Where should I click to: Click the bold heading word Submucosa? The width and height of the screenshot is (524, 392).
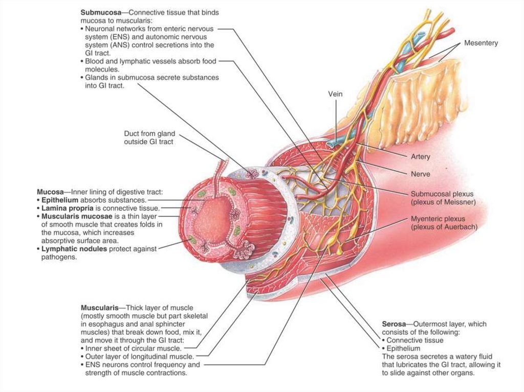[x=100, y=12]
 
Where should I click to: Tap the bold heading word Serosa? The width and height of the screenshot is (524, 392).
[x=394, y=324]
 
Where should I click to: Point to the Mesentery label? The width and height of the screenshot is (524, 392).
[x=481, y=43]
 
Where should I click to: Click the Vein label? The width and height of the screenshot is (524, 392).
[x=335, y=94]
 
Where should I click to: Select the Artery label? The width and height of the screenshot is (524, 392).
[x=420, y=156]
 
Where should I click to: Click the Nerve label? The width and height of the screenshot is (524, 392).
[x=420, y=174]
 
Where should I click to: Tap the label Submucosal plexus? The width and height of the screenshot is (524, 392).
[x=442, y=194]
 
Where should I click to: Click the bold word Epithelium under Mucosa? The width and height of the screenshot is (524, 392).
[x=60, y=200]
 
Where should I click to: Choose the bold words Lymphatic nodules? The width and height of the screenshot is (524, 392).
[x=71, y=249]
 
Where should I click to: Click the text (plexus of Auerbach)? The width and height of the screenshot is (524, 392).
[x=444, y=227]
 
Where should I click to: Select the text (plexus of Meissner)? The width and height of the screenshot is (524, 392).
[x=443, y=202]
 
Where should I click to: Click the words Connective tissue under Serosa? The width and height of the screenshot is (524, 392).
[x=415, y=340]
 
